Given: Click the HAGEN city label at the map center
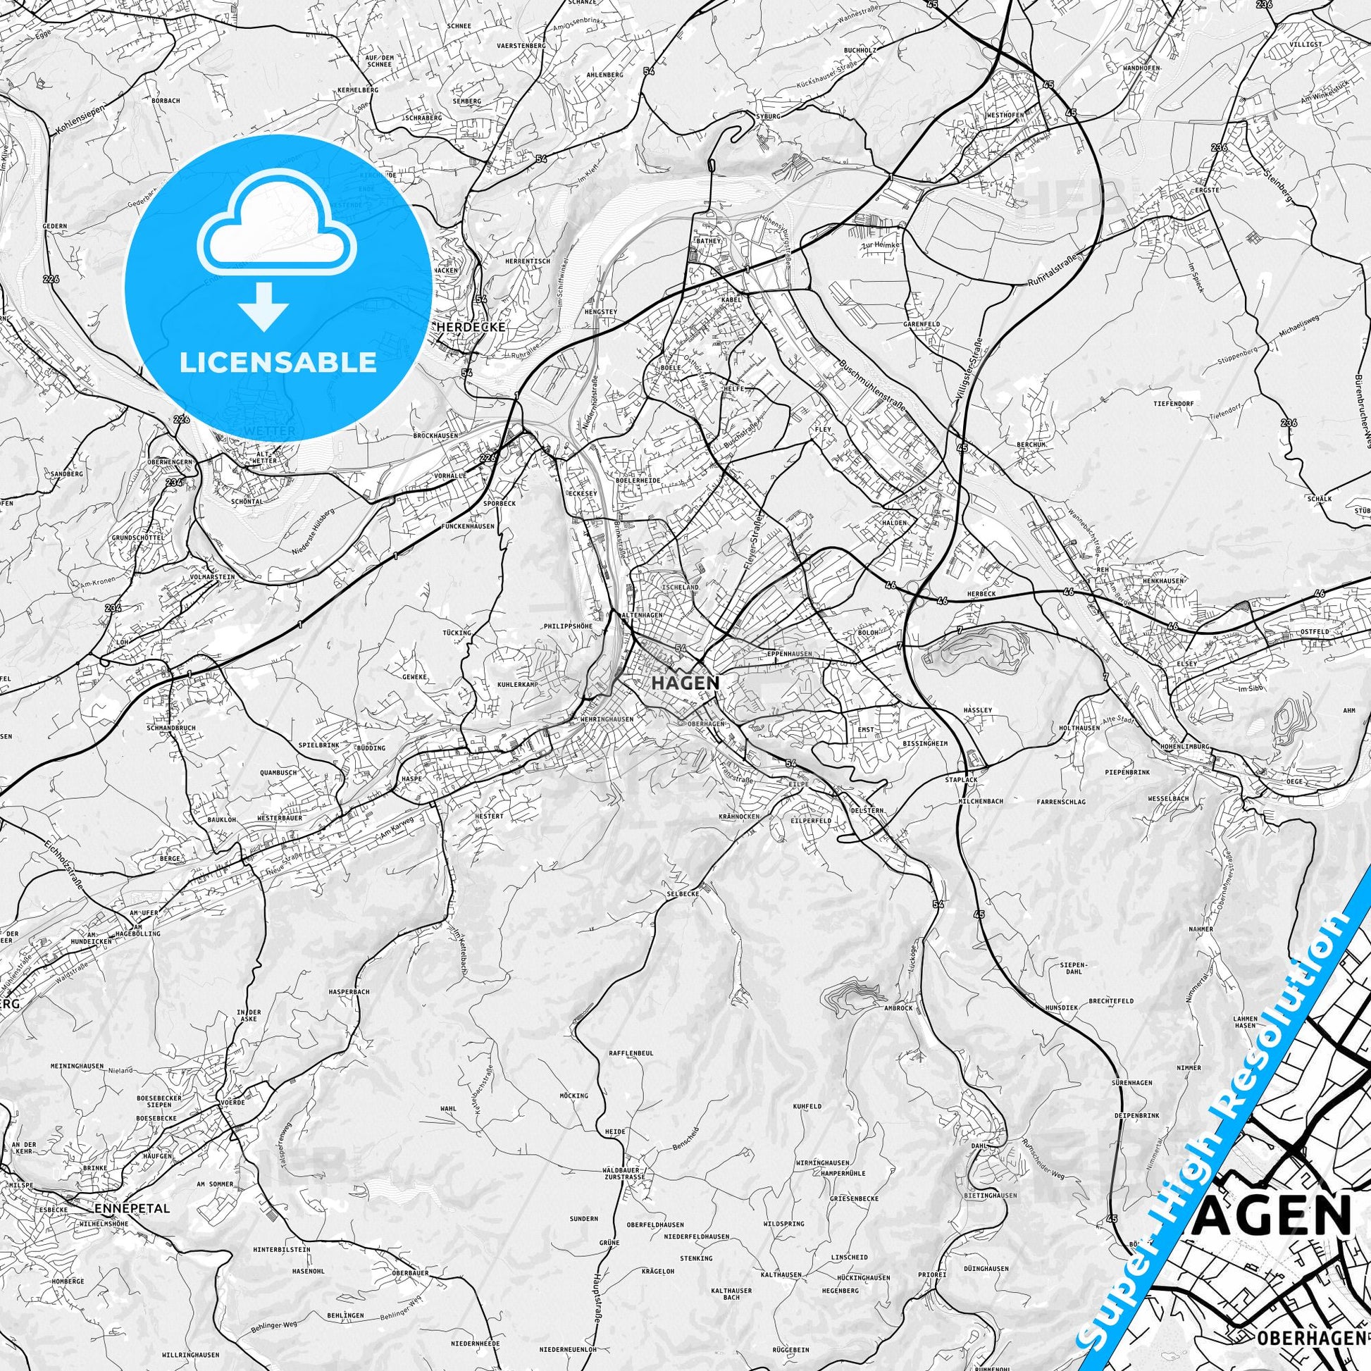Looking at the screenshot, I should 685,683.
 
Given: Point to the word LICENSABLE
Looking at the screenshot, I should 278,362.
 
